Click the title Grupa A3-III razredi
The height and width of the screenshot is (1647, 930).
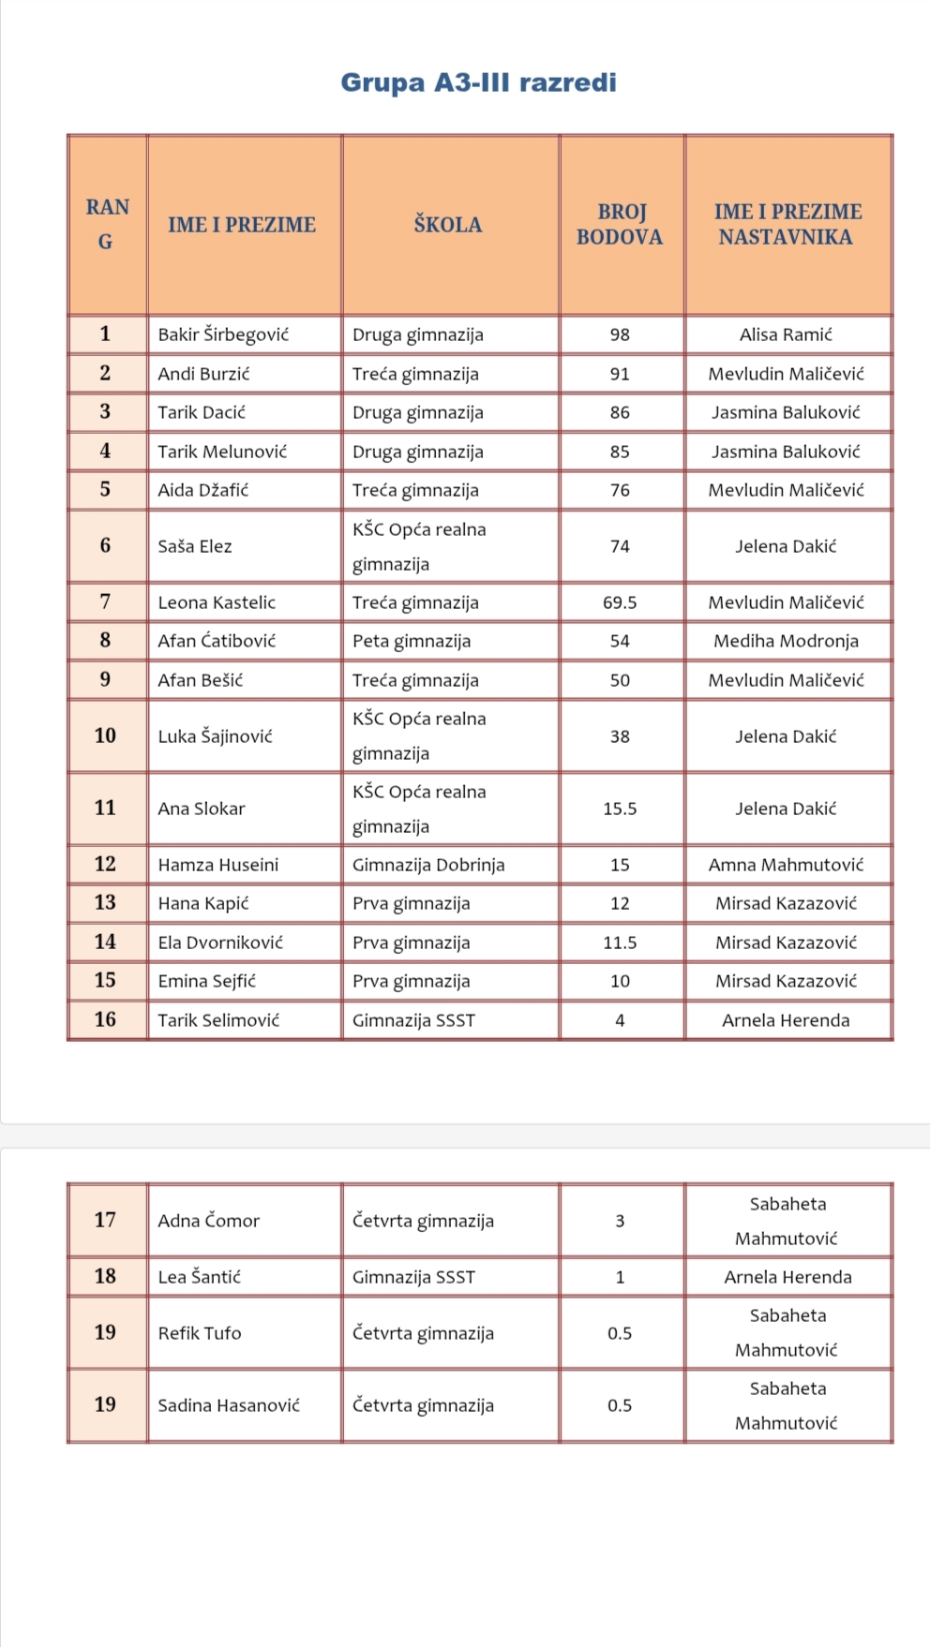[478, 82]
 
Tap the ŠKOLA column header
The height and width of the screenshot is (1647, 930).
[448, 225]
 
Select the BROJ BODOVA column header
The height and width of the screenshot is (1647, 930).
[620, 225]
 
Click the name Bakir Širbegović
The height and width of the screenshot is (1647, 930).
[223, 334]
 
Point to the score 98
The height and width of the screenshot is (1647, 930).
[620, 334]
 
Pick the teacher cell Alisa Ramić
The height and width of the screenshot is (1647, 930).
[786, 334]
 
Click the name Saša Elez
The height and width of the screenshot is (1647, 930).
[195, 546]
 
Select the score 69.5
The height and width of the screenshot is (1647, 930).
[620, 602]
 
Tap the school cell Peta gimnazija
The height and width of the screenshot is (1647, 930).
[412, 641]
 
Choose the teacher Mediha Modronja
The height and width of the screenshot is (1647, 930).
[786, 641]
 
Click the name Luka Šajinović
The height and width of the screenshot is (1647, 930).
[215, 736]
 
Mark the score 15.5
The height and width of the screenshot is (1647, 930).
[620, 809]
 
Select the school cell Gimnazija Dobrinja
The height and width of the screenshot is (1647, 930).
[428, 865]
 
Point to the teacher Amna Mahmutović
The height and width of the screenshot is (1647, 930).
[786, 865]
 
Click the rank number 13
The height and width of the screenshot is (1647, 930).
[105, 903]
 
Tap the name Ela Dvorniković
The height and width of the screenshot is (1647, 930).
[220, 942]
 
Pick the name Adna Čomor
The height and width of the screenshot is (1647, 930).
[208, 1221]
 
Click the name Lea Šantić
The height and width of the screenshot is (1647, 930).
[199, 1277]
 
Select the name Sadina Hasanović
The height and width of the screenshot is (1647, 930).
[229, 1405]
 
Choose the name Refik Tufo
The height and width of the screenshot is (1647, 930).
[199, 1333]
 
